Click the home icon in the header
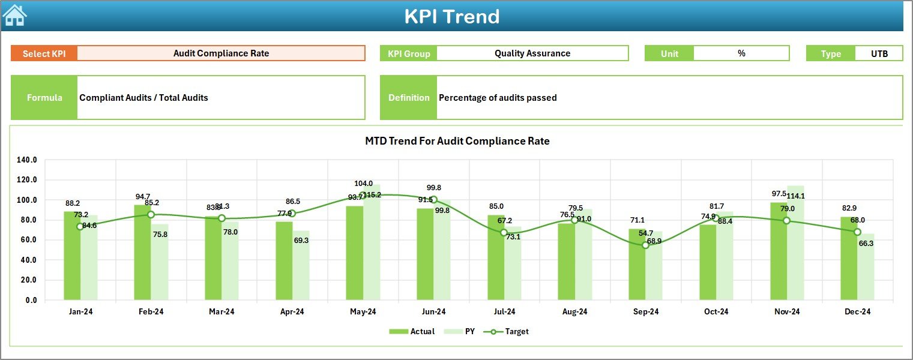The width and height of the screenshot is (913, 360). pos(15,15)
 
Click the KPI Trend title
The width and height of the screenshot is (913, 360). pos(451,16)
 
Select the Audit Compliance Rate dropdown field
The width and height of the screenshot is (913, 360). pos(221,53)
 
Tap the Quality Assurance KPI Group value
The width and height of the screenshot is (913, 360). pos(532,53)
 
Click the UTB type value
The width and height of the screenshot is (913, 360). pos(879,53)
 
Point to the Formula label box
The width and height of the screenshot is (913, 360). pos(44,97)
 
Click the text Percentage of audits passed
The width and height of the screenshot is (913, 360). pos(498,97)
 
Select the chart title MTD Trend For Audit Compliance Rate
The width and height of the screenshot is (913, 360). pos(457,141)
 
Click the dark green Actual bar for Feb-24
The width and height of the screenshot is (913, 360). pos(142,252)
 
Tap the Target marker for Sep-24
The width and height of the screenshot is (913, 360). pos(645,245)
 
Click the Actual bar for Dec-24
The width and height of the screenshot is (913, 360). pos(849,258)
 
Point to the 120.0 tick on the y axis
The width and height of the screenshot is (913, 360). pos(27,180)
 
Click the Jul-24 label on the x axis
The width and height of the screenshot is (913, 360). pos(504,312)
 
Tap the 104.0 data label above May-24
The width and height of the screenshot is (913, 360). pos(363,184)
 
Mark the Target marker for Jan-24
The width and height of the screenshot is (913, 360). pos(80,226)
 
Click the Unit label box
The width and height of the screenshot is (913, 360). pos(669,53)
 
